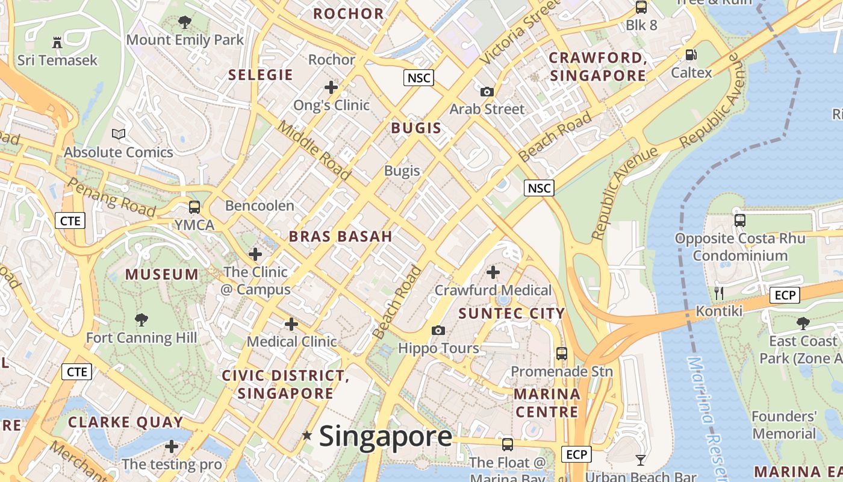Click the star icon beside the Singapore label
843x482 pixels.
(x=307, y=435)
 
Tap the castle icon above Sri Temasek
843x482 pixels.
(x=57, y=43)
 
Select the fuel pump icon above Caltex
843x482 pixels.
(x=691, y=55)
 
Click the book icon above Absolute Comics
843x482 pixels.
(x=119, y=134)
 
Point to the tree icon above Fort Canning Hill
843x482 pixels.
(x=142, y=319)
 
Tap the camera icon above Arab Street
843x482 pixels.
(x=487, y=92)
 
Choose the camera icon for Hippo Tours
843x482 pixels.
(x=438, y=330)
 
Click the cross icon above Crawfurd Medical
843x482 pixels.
(x=493, y=272)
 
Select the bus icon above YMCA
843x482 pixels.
(x=194, y=207)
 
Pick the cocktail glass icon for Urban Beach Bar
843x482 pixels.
(x=641, y=460)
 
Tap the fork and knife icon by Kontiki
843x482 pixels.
(x=718, y=293)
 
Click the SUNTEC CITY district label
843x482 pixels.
(x=512, y=313)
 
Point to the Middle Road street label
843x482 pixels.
(x=314, y=150)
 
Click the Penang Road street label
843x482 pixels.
(x=111, y=196)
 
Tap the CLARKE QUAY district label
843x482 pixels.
(x=125, y=422)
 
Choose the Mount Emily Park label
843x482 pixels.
(x=185, y=40)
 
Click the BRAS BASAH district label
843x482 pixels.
(x=341, y=236)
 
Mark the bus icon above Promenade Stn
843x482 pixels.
(x=562, y=354)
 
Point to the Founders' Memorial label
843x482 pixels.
(x=784, y=425)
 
